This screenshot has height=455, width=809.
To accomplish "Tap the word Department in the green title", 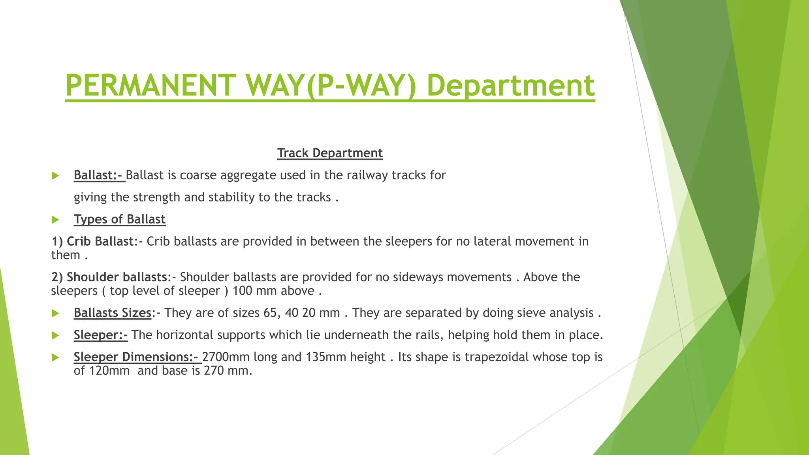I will point(510,85).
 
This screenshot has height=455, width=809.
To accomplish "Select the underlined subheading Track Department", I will point(330,153).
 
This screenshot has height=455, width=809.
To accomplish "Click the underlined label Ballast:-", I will point(99,175).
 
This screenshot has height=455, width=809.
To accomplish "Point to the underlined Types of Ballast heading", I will point(119,219).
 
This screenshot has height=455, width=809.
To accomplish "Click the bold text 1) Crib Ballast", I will point(93,241).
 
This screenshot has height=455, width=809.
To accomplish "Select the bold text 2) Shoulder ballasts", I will point(109,277).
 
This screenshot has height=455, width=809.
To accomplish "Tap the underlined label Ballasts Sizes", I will point(113,313).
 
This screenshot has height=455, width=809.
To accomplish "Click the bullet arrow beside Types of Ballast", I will point(55,220).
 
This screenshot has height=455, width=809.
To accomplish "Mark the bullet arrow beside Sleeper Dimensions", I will point(55,357).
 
